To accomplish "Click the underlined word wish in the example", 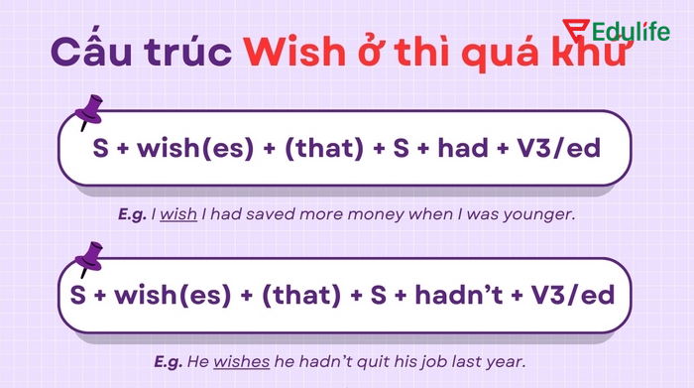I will [179, 213].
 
